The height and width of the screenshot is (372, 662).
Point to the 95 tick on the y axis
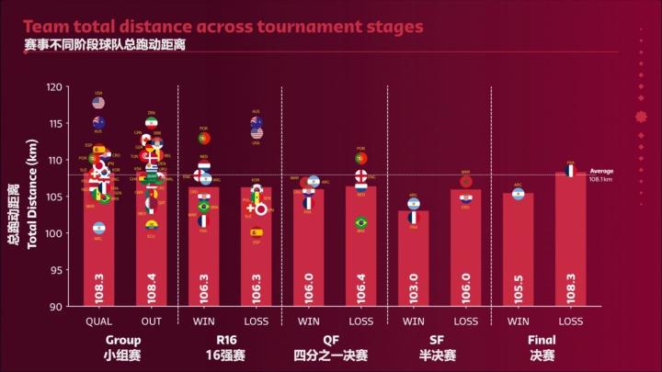tap(57, 270)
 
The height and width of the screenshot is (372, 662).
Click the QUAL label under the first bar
tap(99, 321)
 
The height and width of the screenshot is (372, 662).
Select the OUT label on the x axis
tap(152, 321)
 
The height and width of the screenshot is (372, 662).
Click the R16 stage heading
tap(230, 339)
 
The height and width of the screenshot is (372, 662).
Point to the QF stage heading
tap(335, 339)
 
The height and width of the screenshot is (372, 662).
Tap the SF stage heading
tap(439, 339)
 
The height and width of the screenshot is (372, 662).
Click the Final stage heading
tap(544, 339)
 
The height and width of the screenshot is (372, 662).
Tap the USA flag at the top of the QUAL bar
tap(98, 103)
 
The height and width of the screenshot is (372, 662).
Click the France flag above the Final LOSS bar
tap(570, 171)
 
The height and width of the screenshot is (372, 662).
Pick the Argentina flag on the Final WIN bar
tap(519, 194)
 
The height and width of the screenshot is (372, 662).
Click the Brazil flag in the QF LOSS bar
tap(361, 222)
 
